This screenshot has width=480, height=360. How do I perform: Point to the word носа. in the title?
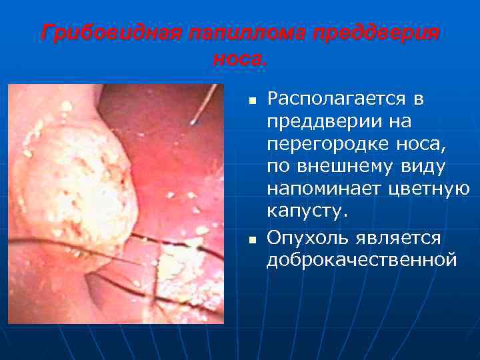(239, 60)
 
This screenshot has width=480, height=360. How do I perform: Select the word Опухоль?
(307, 238)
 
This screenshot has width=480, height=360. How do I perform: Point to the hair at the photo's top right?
(203, 107)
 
